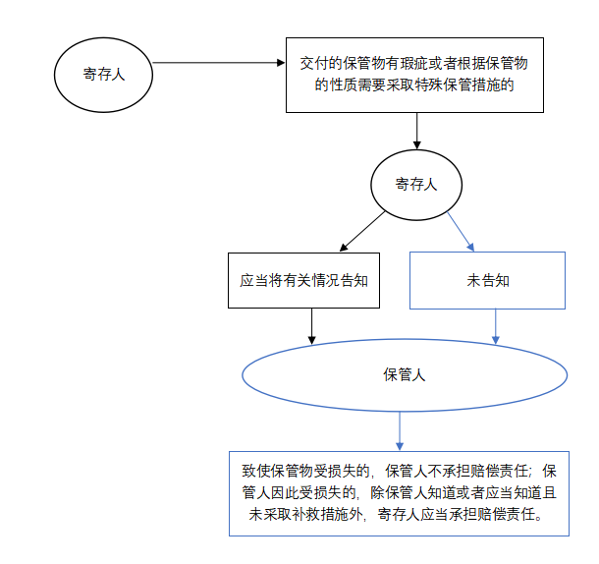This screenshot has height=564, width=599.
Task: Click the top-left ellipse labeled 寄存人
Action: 103,74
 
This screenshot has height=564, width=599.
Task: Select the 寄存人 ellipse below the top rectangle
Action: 416,184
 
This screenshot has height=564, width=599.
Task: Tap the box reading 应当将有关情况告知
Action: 304,280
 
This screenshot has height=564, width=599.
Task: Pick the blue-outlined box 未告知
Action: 487,280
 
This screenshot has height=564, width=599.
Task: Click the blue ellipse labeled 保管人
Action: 404,375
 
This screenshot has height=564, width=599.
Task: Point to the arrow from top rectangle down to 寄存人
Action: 417,131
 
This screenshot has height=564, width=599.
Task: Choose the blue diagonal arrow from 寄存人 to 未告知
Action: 462,231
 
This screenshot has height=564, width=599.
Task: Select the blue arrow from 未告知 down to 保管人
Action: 495,326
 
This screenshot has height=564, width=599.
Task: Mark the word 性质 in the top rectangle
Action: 343,85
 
